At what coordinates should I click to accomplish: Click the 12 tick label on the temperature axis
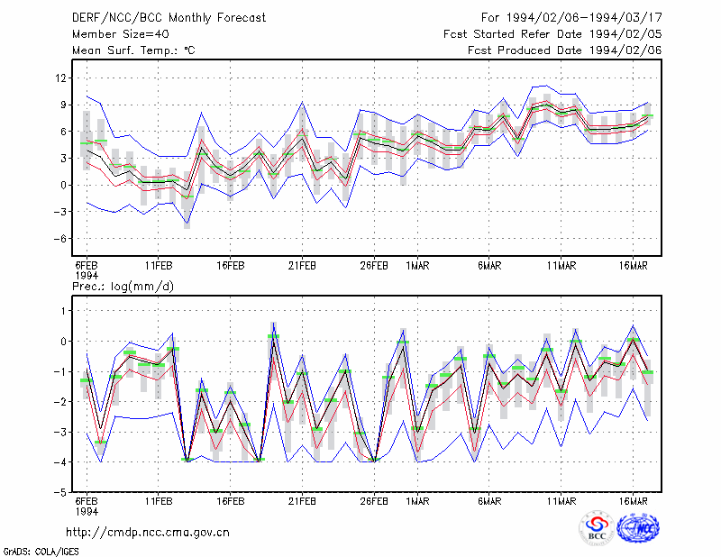pyautogui.click(x=61, y=78)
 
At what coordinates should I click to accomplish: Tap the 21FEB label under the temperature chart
pyautogui.click(x=302, y=266)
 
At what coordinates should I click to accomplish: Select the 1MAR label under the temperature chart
pyautogui.click(x=417, y=266)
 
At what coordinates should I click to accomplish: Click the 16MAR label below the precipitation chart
pyautogui.click(x=634, y=501)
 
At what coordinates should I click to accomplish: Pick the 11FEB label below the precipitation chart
pyautogui.click(x=159, y=501)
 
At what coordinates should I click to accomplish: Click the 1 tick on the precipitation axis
pyautogui.click(x=63, y=311)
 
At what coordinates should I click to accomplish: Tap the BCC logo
pyautogui.click(x=597, y=528)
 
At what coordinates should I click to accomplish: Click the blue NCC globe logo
pyautogui.click(x=638, y=528)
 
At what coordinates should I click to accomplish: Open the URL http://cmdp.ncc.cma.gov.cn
pyautogui.click(x=148, y=533)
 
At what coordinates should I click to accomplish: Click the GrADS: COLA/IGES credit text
pyautogui.click(x=41, y=552)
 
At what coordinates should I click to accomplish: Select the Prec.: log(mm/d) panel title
pyautogui.click(x=123, y=287)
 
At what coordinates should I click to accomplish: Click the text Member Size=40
pyautogui.click(x=121, y=34)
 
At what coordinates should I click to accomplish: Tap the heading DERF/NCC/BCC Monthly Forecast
pyautogui.click(x=169, y=18)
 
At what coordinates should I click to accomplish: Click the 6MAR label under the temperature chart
pyautogui.click(x=489, y=266)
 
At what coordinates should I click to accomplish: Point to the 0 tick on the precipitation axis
pyautogui.click(x=63, y=342)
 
